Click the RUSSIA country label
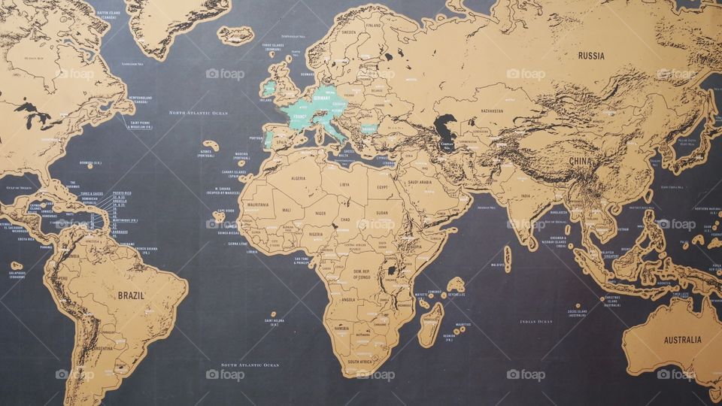click(591, 56)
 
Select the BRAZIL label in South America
click(131, 295)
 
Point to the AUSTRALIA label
click(682, 340)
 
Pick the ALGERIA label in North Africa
click(298, 178)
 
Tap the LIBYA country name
click(344, 183)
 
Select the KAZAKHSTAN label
click(492, 111)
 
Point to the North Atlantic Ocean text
click(198, 113)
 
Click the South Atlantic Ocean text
click(250, 365)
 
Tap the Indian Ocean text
click(535, 321)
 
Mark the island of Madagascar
click(431, 323)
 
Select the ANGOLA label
click(347, 299)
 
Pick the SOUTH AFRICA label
click(361, 362)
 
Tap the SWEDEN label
click(349, 32)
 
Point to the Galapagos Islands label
click(17, 274)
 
